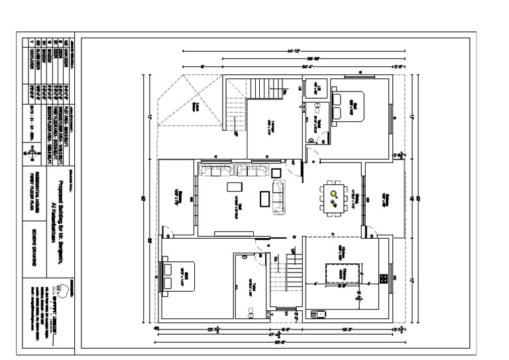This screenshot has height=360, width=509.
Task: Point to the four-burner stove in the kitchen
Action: pyautogui.click(x=382, y=278)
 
